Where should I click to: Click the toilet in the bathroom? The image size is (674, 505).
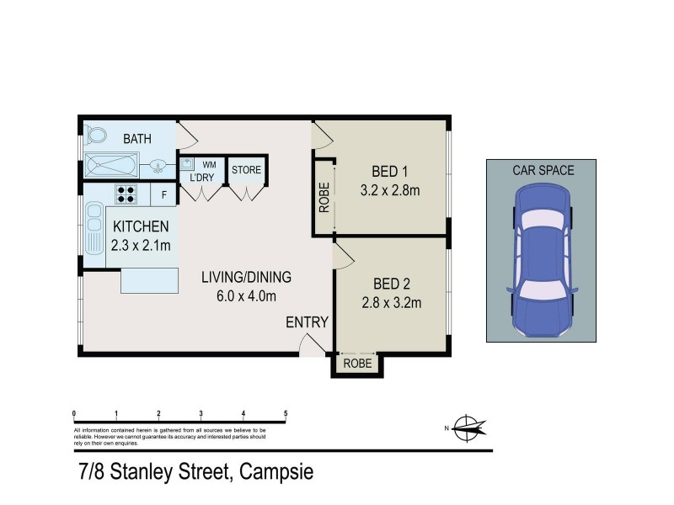(94, 136)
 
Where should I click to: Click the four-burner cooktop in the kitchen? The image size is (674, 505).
(126, 194)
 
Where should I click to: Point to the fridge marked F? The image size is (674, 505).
(164, 194)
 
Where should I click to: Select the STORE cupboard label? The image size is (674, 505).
(247, 171)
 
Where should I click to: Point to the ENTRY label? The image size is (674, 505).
(307, 322)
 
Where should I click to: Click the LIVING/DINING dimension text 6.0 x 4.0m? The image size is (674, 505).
(245, 295)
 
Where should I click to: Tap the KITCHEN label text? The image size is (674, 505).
(141, 226)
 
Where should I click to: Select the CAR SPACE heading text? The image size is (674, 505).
(543, 170)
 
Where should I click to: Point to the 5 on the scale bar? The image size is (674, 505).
(286, 413)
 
